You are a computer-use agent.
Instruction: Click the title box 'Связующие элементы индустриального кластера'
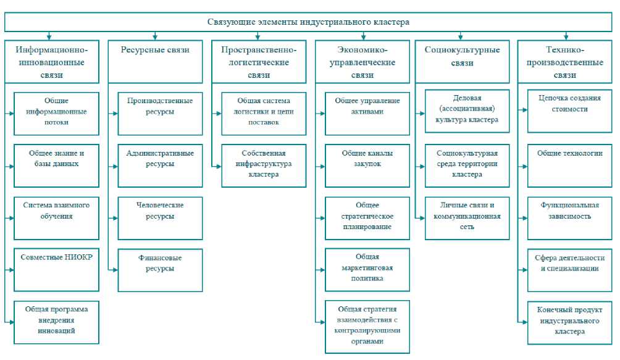(x=308, y=22)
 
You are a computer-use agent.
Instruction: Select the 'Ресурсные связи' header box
(x=155, y=61)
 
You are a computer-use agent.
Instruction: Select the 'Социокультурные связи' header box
(x=463, y=61)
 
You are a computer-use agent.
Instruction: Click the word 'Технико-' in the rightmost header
(x=565, y=50)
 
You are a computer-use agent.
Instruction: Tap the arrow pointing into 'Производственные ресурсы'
(x=115, y=114)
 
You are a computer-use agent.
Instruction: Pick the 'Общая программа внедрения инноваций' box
(x=56, y=322)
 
